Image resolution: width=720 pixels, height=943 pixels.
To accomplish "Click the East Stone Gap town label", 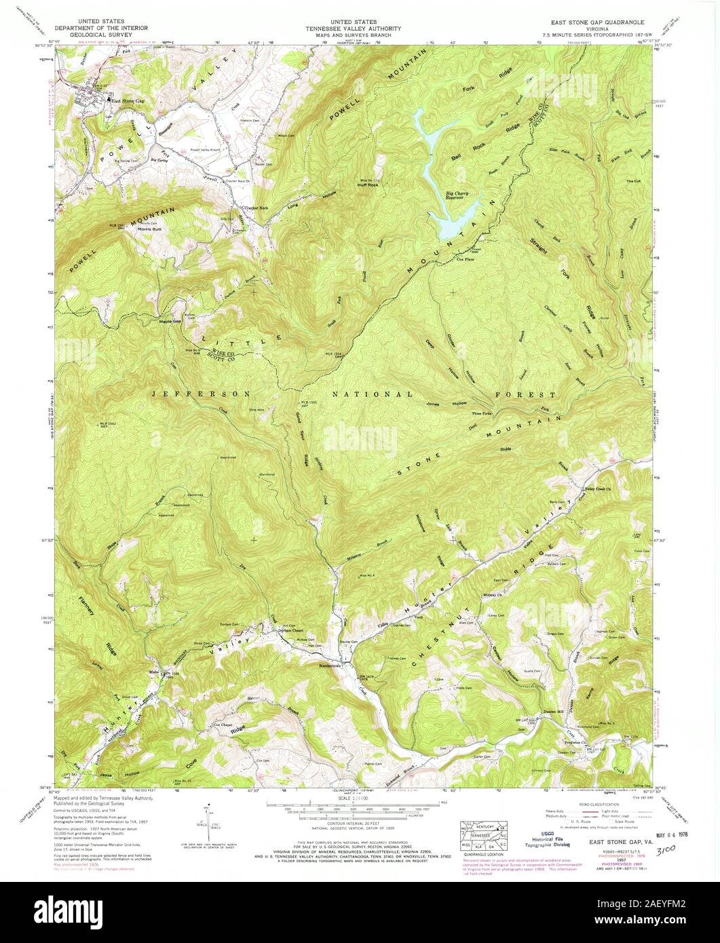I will pos(129,101).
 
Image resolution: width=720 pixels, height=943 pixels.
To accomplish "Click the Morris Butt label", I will pos(149,229).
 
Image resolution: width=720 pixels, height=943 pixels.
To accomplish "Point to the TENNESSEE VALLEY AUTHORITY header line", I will pos(362,28).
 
